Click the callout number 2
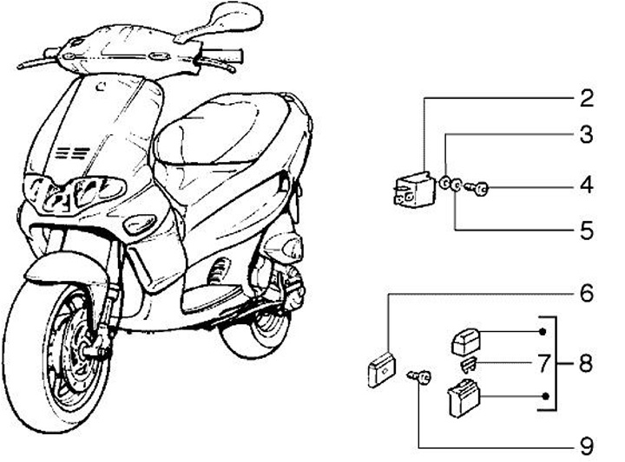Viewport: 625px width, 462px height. pyautogui.click(x=588, y=97)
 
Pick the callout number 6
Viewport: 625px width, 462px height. pyautogui.click(x=588, y=293)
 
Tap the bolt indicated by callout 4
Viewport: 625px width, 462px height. pyautogui.click(x=477, y=186)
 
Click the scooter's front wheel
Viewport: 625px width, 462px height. pyautogui.click(x=65, y=360)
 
